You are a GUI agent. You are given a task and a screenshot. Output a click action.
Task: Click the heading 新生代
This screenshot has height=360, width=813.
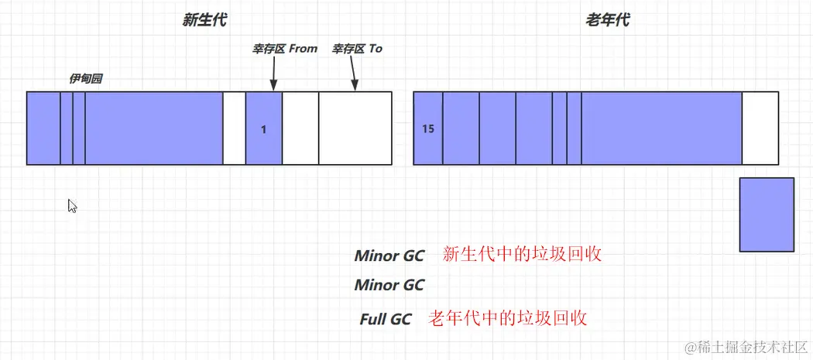(x=204, y=21)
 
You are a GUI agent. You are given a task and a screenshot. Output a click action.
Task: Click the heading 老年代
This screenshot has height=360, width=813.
(x=607, y=21)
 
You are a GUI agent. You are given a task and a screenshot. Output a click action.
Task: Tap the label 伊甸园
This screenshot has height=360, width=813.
(x=86, y=79)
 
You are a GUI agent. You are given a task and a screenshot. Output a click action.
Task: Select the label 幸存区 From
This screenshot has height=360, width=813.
(x=284, y=48)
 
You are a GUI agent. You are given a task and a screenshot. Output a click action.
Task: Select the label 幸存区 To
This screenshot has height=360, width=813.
(x=357, y=48)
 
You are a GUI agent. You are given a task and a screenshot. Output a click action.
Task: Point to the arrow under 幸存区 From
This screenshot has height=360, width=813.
(x=273, y=74)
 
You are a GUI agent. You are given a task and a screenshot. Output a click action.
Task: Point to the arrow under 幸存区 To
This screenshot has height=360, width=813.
(x=353, y=74)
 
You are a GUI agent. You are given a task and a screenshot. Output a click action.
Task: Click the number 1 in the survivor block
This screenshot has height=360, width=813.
(x=263, y=130)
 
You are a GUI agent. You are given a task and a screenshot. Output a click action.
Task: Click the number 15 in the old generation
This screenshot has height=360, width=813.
(x=428, y=129)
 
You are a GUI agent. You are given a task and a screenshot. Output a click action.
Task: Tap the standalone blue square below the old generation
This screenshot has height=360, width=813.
(x=767, y=214)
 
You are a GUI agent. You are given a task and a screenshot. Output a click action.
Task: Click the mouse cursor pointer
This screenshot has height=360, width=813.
(x=72, y=206)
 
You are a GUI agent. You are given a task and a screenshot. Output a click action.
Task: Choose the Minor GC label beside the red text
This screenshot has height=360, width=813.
(x=389, y=256)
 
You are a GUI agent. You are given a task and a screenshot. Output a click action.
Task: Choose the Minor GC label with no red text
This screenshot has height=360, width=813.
(x=389, y=285)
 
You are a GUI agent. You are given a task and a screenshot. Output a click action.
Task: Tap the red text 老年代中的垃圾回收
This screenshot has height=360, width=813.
(x=508, y=317)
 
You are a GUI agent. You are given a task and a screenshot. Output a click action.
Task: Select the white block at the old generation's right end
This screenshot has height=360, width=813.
(x=760, y=128)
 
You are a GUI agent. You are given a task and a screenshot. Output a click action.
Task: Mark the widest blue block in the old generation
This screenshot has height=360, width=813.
(x=661, y=128)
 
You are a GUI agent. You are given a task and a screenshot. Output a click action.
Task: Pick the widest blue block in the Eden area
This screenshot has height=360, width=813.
(x=153, y=128)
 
